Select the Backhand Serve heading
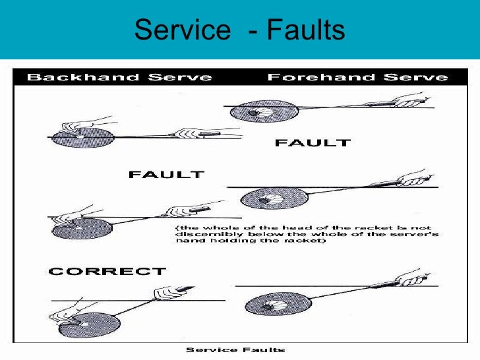click(119, 78)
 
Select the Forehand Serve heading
click(357, 78)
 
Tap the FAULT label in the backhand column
click(166, 175)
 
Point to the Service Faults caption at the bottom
click(235, 349)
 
